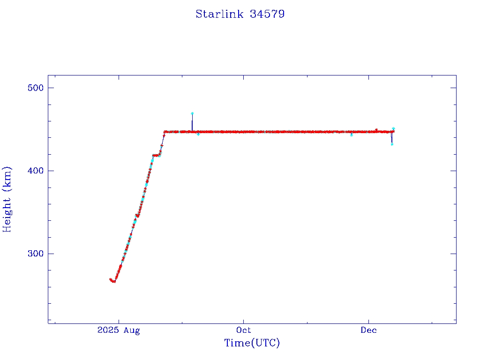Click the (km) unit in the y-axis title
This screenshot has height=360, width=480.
(7, 177)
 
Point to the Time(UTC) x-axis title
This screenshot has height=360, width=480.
(252, 343)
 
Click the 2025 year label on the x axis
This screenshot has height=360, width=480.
(107, 330)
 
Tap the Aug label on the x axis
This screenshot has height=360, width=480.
(132, 330)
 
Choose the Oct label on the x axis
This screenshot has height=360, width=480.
(244, 330)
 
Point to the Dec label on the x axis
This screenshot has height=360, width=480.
(368, 330)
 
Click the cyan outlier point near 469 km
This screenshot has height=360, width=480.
(192, 113)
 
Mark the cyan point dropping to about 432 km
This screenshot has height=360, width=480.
(392, 144)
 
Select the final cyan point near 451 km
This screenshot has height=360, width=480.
(393, 128)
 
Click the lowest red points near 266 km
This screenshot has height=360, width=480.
(113, 281)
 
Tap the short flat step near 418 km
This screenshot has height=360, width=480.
(156, 155)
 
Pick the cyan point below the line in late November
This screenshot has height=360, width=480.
(352, 135)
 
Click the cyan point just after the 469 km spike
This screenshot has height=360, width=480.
(198, 135)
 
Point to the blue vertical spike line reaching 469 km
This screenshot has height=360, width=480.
(192, 122)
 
